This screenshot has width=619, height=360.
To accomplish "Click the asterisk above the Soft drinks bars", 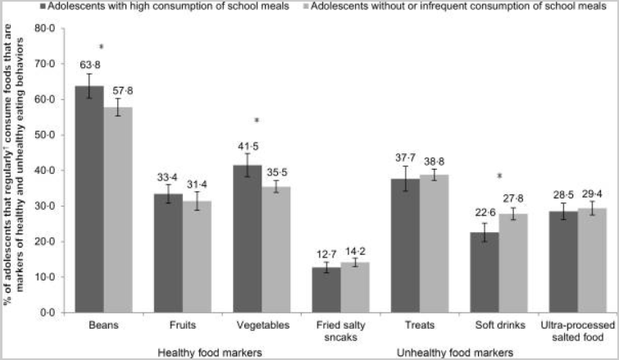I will (x=498, y=176).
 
